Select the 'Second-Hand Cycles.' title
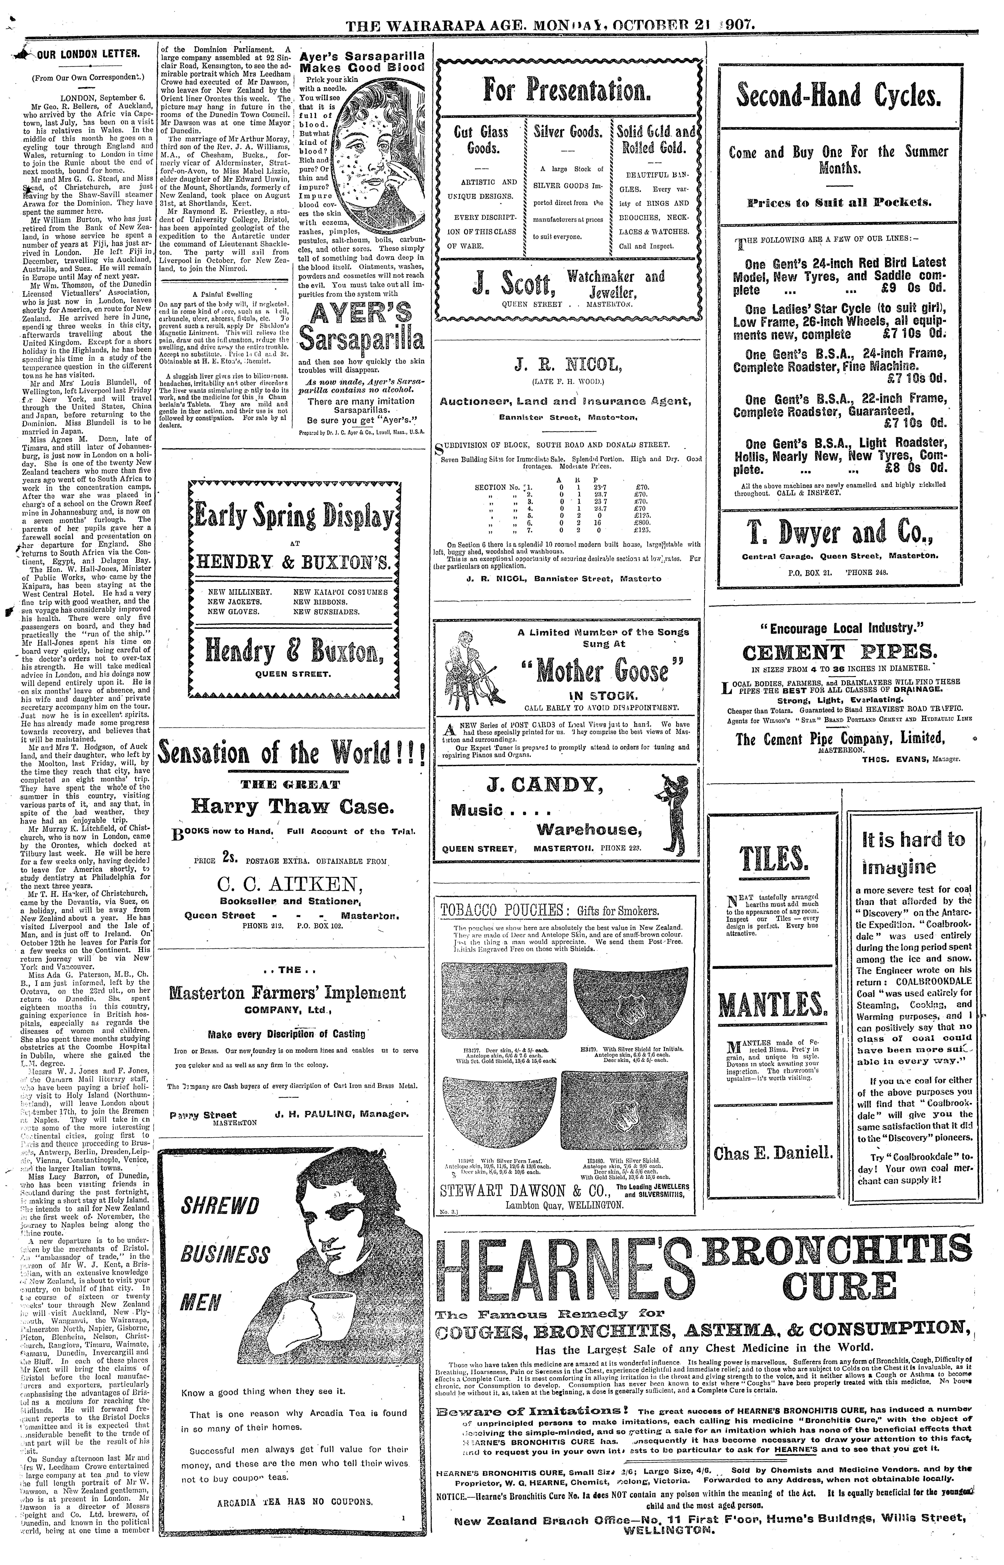pos(839,96)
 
